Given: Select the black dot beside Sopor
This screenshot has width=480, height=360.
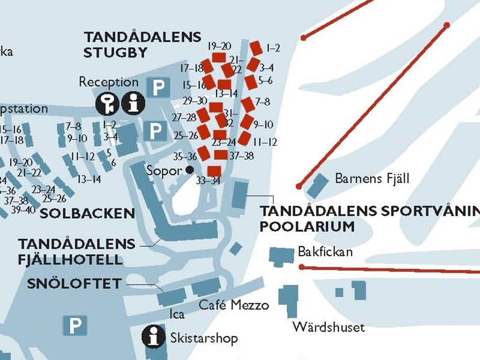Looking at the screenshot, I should pos(189,170).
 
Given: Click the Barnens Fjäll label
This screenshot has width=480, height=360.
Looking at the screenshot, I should pos(372,178).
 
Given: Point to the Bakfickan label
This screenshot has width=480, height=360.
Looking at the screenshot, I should pos(325,252).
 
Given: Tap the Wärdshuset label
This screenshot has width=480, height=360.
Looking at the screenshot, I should pos(328,327).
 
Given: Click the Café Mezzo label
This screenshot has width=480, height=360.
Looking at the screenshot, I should pos(233,305).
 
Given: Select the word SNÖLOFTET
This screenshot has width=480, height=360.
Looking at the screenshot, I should pos(74,284).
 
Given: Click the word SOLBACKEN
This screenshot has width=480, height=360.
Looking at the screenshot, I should pos(88,213).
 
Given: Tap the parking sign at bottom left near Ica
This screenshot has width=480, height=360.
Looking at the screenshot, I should pos(75,325).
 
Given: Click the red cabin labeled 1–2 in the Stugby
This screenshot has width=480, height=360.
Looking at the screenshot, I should pos(256,48).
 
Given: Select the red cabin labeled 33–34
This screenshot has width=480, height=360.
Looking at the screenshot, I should pos(214,171).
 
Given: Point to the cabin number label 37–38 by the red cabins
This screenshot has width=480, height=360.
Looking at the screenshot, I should pos(241,156).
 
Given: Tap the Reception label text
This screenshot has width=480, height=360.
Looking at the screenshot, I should pos(109,82).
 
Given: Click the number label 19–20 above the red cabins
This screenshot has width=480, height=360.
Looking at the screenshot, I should pos(219,46).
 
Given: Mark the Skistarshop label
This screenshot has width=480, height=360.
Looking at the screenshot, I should pos(204,338).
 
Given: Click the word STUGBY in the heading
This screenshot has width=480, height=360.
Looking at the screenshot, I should pos(115,52).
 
